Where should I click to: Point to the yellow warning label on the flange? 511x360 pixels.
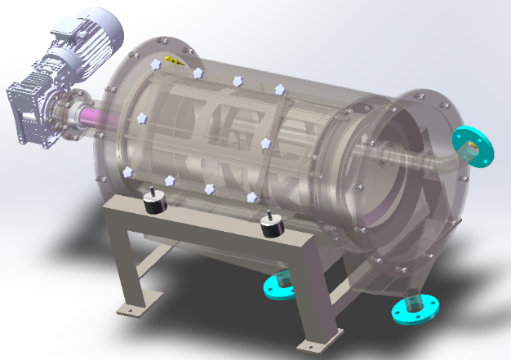tap(174, 60)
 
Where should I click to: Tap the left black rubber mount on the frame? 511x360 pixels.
tap(153, 202)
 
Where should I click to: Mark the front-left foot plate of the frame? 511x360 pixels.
tap(133, 308)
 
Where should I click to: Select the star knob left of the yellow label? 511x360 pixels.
tap(154, 64)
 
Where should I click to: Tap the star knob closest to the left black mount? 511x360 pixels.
tap(170, 180)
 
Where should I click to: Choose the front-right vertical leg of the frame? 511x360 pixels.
tap(318, 295)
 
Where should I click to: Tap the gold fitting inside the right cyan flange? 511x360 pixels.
tap(471, 149)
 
